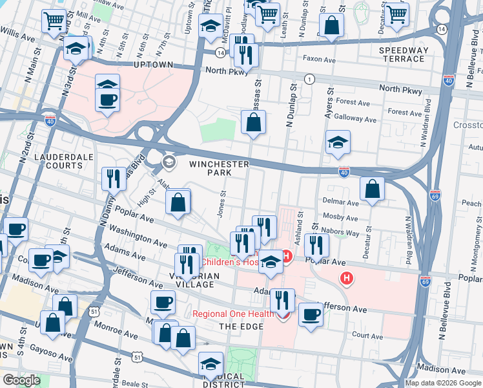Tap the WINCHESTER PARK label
click(219, 168)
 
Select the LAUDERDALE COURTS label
click(50, 161)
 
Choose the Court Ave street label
click(368, 336)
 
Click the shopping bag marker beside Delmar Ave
click(373, 189)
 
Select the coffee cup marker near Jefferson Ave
click(311, 315)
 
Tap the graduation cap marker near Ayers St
click(338, 144)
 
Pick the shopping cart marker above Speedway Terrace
click(396, 14)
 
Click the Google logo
click(21, 380)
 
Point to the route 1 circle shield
click(310, 79)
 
